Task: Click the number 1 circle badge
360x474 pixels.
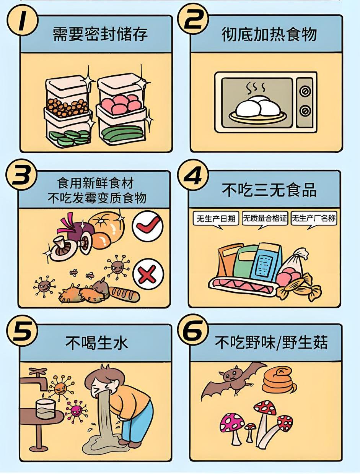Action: coord(23,21)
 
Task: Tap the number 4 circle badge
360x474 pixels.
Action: coord(192,176)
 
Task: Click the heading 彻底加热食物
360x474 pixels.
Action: coord(269,34)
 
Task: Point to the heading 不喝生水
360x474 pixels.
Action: coord(97,343)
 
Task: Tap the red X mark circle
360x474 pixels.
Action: coord(148,274)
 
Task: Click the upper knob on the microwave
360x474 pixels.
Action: coord(305,91)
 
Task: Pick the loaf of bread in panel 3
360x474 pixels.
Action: coord(124,294)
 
